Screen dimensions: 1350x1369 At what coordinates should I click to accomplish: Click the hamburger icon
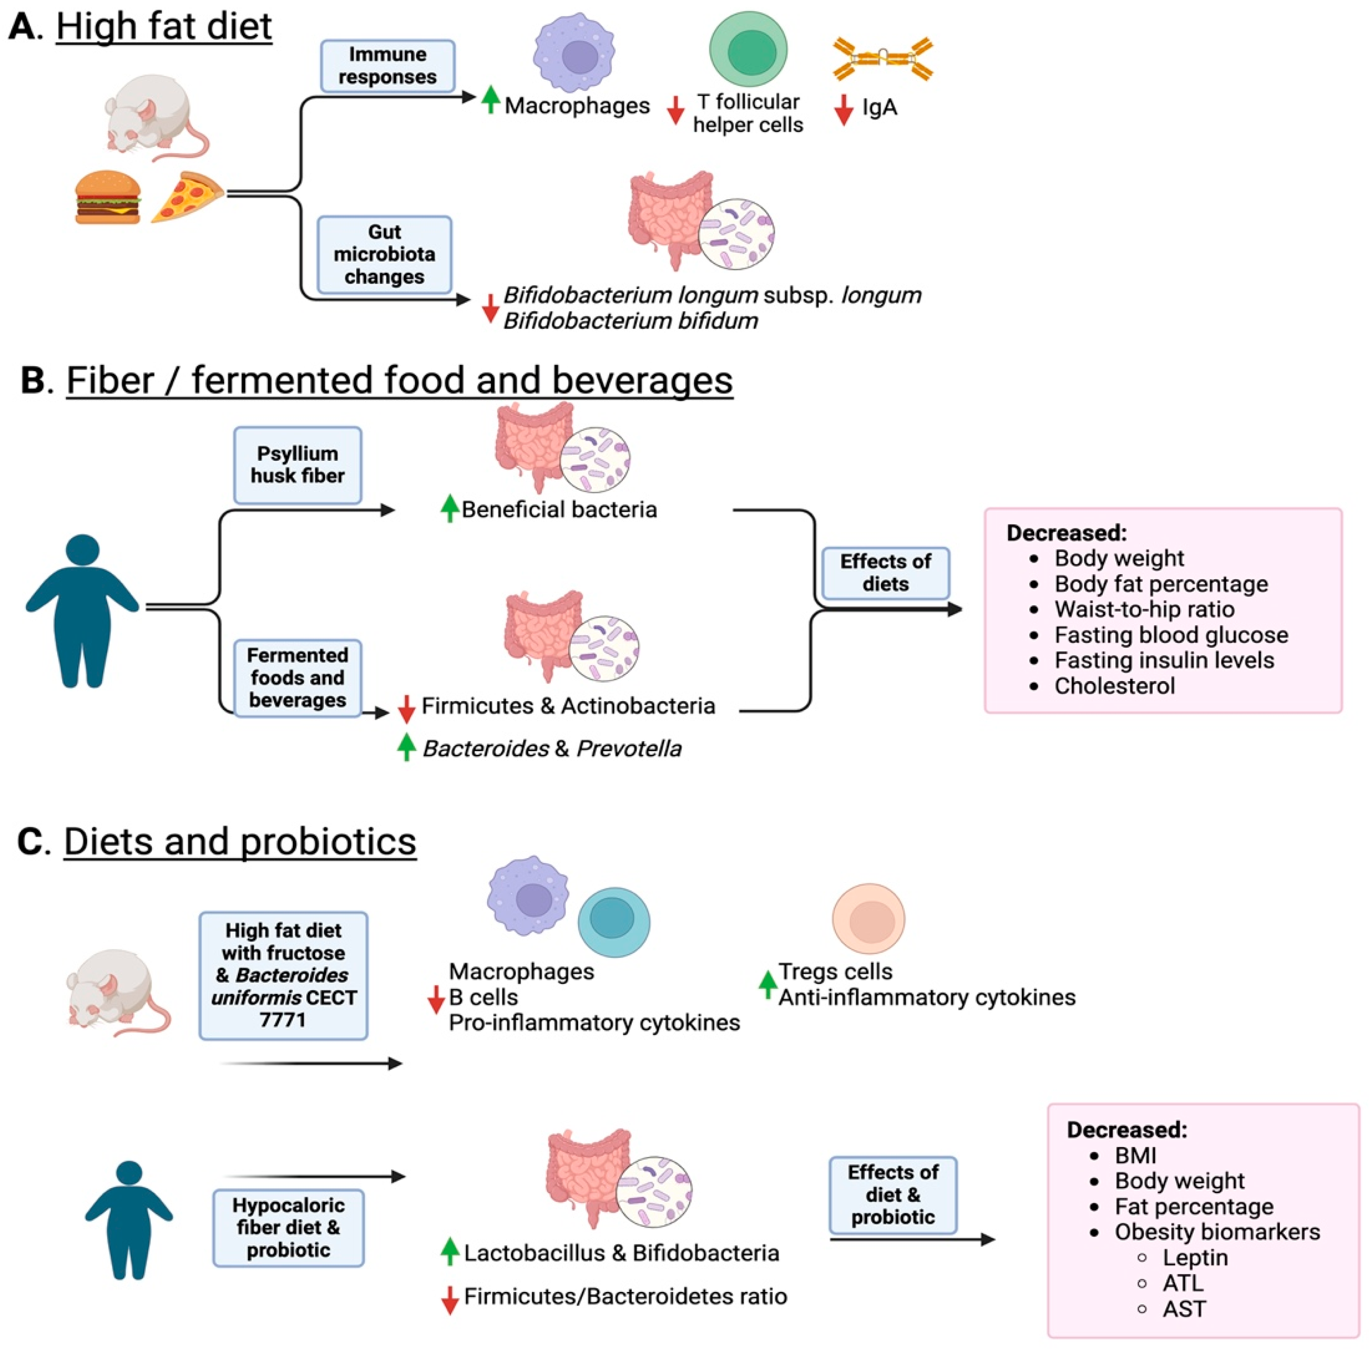[x=107, y=197]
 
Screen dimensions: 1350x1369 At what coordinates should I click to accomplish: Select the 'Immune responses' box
[x=387, y=66]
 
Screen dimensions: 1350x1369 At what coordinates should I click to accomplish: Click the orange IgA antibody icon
[x=882, y=59]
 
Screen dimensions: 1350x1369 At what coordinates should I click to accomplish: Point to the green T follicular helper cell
[x=748, y=49]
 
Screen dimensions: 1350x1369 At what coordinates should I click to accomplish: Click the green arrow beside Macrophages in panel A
[x=490, y=99]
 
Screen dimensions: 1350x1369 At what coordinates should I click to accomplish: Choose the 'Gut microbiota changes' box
[x=384, y=254]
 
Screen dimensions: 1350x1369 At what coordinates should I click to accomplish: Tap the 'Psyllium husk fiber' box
[x=298, y=464]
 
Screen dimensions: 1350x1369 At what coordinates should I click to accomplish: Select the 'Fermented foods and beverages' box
[x=298, y=678]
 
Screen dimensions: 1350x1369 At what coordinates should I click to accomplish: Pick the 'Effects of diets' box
[x=885, y=572]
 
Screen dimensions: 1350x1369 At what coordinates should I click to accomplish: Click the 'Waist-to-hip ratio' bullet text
[x=1144, y=609]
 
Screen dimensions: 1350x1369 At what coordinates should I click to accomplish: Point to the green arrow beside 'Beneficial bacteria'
[x=449, y=508]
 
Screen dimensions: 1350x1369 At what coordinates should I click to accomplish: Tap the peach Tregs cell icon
[x=868, y=918]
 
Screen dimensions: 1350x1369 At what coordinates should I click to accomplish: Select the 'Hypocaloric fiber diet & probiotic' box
[x=289, y=1227]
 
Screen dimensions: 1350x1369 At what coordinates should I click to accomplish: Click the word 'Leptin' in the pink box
[x=1195, y=1258]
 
